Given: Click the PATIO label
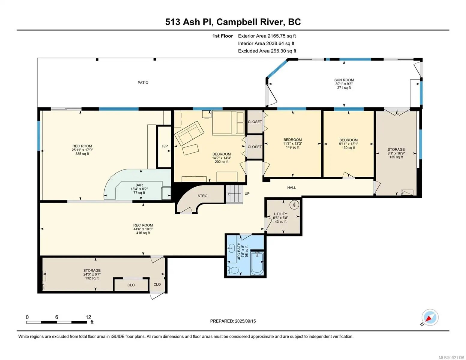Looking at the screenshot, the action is pos(143,82).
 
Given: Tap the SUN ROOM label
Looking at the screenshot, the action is pos(344,80).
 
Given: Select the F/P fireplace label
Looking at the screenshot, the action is pos(165,146).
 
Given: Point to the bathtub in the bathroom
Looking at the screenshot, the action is pos(257,263).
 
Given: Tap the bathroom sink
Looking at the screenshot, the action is pos(231,248).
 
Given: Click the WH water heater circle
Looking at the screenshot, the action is pos(294,204).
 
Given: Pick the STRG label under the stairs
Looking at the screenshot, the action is pos(203,196).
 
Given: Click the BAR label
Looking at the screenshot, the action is pos(139,185).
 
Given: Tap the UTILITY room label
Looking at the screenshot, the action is pos(280,214).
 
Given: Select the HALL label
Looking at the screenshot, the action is pos(291,187).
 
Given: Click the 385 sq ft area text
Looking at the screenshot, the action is pos(82,154).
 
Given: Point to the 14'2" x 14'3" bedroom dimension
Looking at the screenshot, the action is pos(221,158).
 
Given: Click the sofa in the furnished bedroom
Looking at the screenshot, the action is pos(189,133).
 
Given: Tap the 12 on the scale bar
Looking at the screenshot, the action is pos(88,317).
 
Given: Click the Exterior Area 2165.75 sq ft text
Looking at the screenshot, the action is pos(267,36).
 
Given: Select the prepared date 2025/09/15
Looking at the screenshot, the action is pos(245,321).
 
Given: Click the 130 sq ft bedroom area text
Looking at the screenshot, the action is pos(348,148).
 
